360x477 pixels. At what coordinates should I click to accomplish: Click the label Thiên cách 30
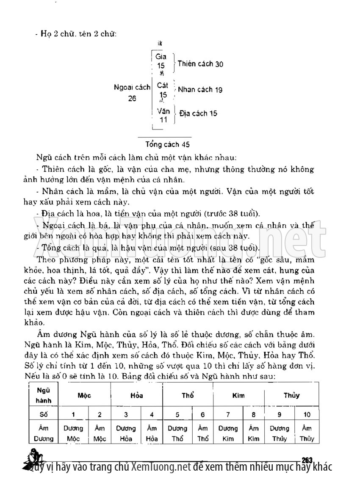coord(200,64)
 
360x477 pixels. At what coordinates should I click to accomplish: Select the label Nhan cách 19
coord(200,90)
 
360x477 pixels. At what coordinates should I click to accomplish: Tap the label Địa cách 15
coord(198,113)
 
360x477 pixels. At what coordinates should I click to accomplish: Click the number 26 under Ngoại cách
coord(132,98)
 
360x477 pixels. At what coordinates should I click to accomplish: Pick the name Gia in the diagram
coord(161,57)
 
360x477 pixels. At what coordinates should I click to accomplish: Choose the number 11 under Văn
coord(163,120)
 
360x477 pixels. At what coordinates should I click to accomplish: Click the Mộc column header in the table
coord(84,396)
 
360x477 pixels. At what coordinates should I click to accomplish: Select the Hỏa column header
coord(136,396)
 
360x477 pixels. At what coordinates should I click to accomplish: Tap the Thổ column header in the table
coord(188,396)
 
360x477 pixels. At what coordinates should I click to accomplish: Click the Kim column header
coord(238,396)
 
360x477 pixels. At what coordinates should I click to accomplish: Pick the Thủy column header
coord(291,396)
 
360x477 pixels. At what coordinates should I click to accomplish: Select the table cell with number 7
coord(228,414)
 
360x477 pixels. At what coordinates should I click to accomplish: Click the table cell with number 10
coord(307,414)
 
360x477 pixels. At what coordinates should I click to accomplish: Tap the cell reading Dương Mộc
coord(73,433)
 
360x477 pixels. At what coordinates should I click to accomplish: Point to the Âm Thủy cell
coord(307,433)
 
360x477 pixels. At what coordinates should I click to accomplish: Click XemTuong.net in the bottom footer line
coord(161,467)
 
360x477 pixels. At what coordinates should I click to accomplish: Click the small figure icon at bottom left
coord(33,459)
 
